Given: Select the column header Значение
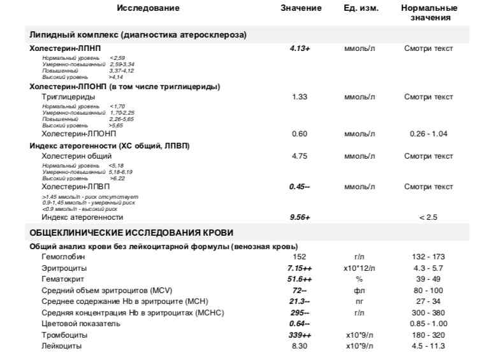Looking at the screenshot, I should [300, 8].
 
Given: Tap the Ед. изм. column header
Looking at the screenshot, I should [360, 8].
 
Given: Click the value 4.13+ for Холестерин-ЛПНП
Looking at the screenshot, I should [300, 48].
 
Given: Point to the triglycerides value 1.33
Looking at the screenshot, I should [300, 97].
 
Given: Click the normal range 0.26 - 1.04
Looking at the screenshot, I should [428, 134].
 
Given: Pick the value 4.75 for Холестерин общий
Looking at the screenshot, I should [300, 156].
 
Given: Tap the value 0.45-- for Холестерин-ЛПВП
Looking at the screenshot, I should [300, 187].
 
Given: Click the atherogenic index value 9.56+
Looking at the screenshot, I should [300, 217].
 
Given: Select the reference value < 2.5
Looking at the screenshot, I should [428, 217].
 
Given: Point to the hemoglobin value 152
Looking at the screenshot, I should [300, 257].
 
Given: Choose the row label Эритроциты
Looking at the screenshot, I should [63, 268].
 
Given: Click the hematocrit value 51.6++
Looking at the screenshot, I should [300, 279].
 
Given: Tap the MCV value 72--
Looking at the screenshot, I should [300, 290].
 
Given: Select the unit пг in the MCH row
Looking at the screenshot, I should [359, 301].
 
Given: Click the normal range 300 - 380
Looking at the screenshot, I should [428, 312].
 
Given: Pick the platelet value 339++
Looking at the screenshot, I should [300, 335].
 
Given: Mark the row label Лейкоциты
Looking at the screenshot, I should [62, 346].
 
